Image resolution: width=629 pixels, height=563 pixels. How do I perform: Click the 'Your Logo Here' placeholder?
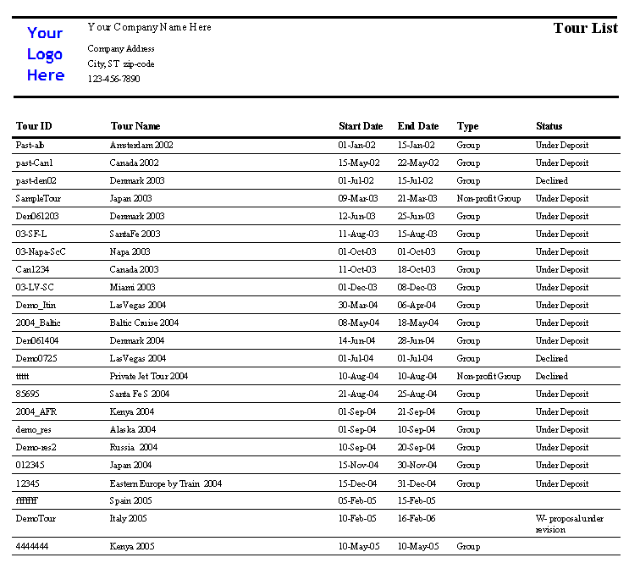[x=45, y=54]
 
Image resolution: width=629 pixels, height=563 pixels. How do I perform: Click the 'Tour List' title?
[x=585, y=28]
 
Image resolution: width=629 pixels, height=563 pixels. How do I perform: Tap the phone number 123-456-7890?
[x=113, y=79]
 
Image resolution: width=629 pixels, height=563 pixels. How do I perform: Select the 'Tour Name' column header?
[x=135, y=126]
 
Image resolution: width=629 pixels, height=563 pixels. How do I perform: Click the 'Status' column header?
[x=549, y=126]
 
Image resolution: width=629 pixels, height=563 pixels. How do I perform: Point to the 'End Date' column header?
[x=417, y=126]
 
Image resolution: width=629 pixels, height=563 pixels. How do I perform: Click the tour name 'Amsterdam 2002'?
[x=141, y=145]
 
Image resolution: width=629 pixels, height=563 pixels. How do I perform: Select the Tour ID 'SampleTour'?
[x=38, y=198]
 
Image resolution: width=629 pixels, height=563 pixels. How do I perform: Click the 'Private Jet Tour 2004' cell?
[x=148, y=376]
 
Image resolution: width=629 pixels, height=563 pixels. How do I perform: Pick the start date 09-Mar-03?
[x=358, y=198]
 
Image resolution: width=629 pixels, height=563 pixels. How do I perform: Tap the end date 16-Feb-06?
[x=417, y=517]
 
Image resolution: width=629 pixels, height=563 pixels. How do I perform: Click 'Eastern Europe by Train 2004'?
[x=165, y=483]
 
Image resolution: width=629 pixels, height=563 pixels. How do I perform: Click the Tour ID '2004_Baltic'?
[x=38, y=323]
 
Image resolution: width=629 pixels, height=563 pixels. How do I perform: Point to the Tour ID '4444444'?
[x=32, y=546]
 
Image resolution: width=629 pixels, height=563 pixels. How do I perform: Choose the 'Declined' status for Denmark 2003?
[x=551, y=180]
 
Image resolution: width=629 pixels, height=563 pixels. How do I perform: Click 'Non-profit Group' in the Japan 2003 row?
[x=488, y=198]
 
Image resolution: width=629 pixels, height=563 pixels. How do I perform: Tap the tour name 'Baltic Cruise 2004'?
[x=144, y=323]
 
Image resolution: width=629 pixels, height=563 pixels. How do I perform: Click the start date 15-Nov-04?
[x=358, y=465]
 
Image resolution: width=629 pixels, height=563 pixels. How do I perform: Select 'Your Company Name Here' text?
[x=149, y=27]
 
